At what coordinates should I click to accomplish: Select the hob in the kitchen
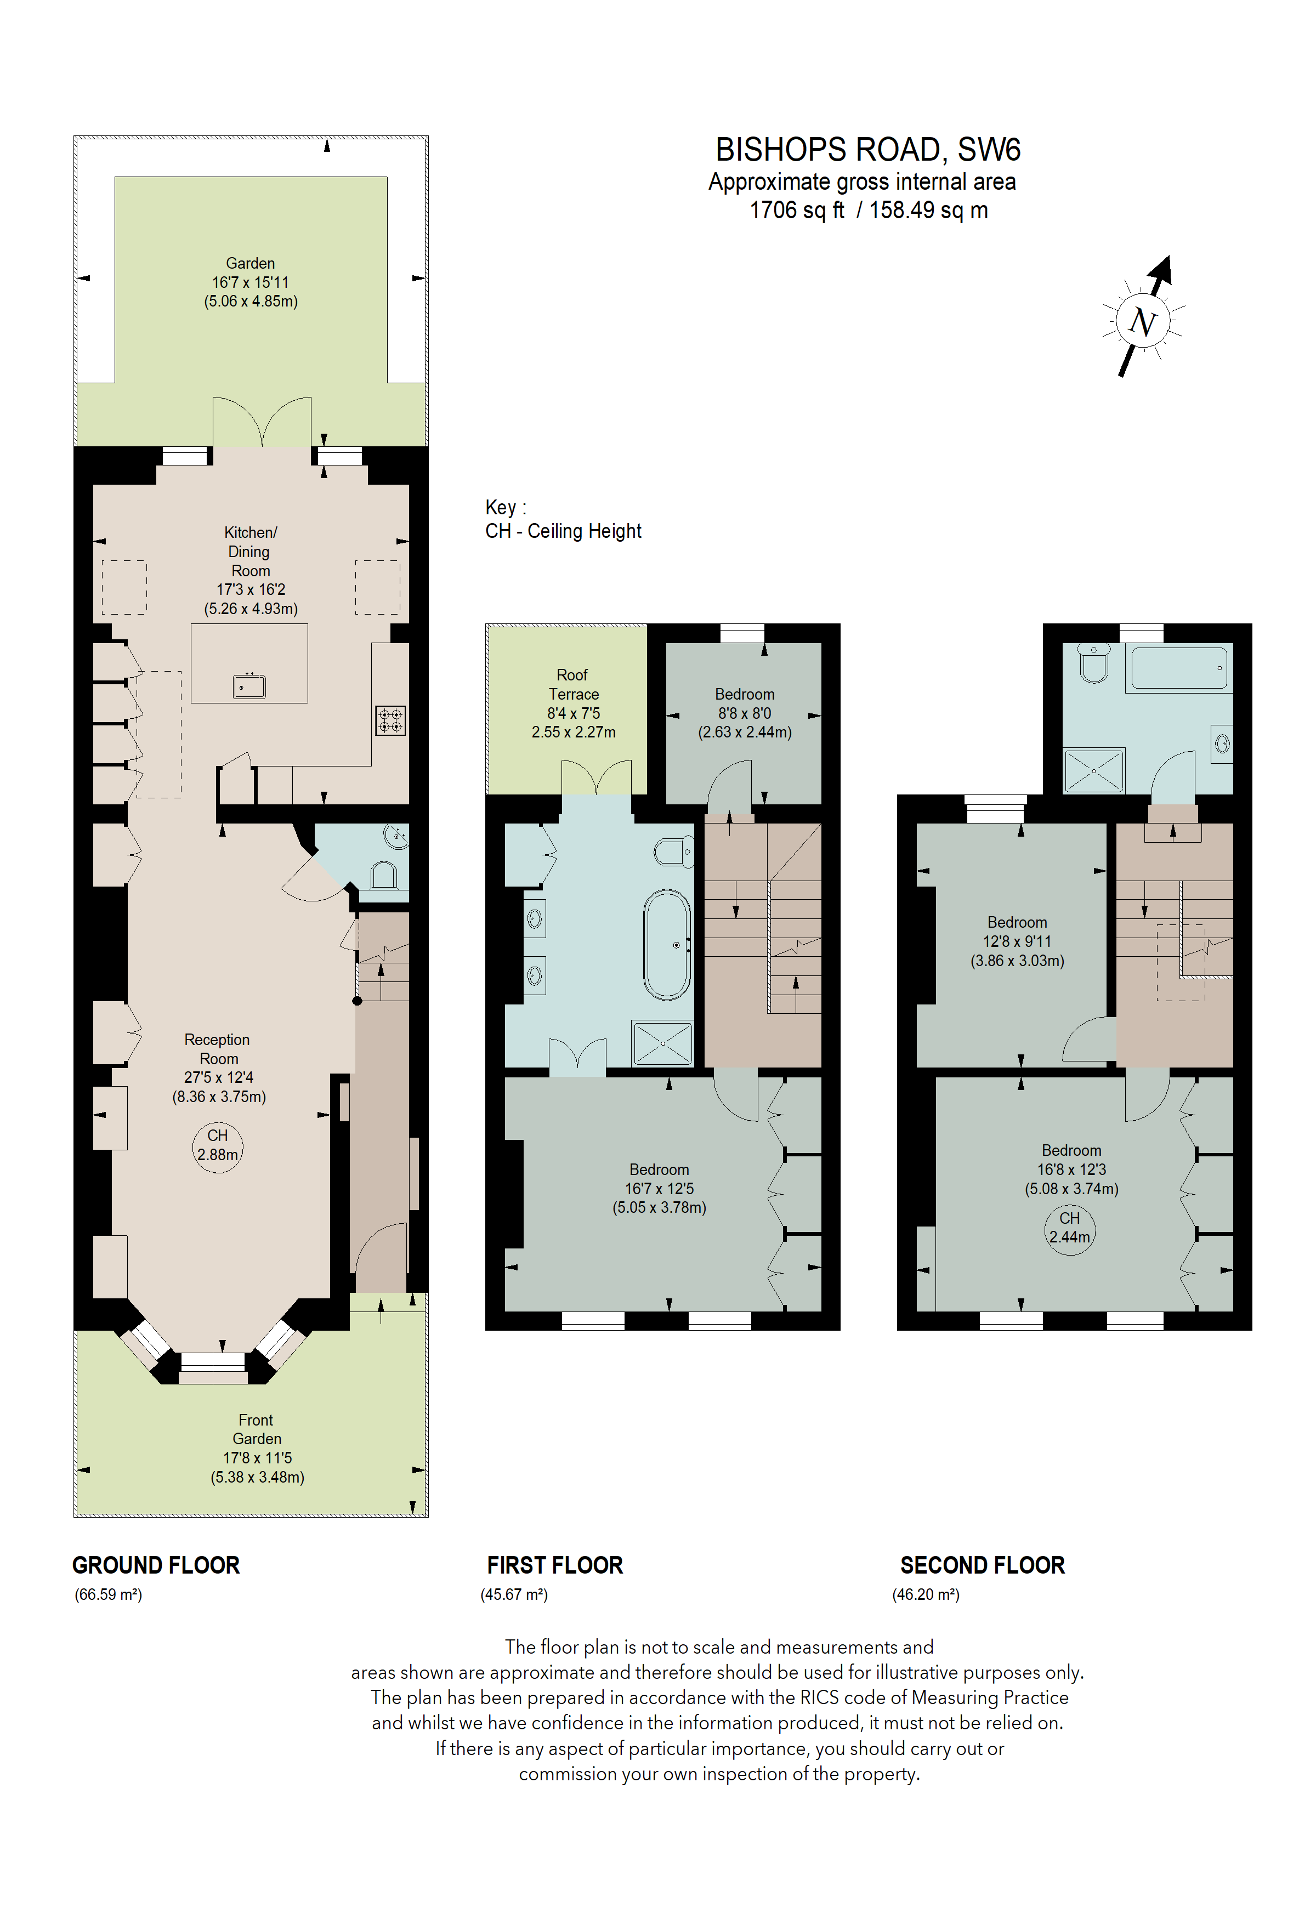pos(390,720)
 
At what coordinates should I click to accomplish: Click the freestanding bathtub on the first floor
pos(667,945)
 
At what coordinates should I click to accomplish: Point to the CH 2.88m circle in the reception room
pos(217,1145)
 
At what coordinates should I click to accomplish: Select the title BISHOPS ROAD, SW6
pos(867,150)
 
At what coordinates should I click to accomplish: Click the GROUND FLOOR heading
pos(156,1565)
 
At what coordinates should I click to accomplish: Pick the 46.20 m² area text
pos(926,1594)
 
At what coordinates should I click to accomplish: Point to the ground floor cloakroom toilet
pos(384,875)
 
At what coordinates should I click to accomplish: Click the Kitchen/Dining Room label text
pos(250,551)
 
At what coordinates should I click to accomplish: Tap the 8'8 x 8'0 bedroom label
pos(744,713)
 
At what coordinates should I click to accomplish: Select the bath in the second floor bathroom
pos(1179,668)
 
